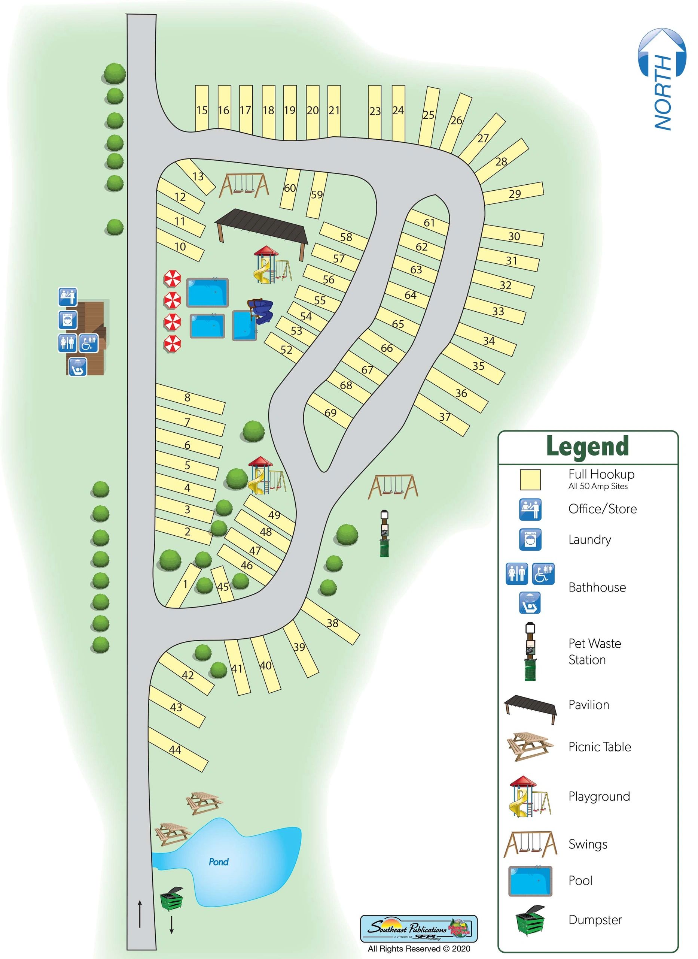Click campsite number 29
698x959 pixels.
[x=514, y=194]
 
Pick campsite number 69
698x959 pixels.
[x=330, y=412]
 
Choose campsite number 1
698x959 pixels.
[x=185, y=584]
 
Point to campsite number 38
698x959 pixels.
[x=332, y=623]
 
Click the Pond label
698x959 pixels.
[x=219, y=862]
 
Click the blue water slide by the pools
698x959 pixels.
[x=261, y=311]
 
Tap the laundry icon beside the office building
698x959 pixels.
[x=68, y=320]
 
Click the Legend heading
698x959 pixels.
[x=587, y=447]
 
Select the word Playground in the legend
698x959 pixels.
[x=599, y=796]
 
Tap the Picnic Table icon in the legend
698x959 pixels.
[x=530, y=746]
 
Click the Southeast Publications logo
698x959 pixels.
[x=418, y=929]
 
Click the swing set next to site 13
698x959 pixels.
[x=244, y=186]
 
